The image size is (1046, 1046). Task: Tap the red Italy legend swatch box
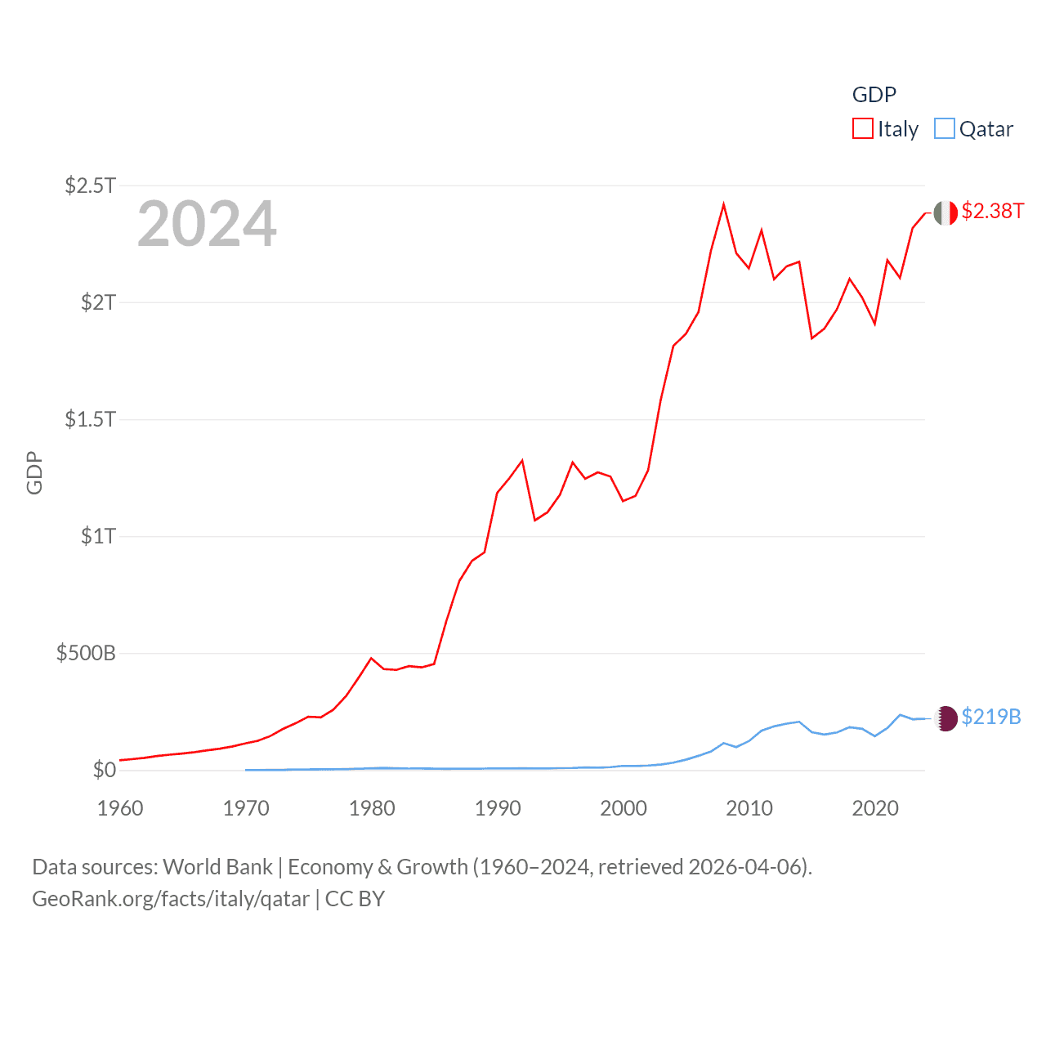[x=863, y=129]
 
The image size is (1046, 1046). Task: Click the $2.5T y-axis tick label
[x=90, y=186]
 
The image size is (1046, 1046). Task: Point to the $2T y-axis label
[x=98, y=302]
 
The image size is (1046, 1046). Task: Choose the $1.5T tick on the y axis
[x=90, y=419]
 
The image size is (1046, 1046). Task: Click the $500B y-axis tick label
[x=86, y=653]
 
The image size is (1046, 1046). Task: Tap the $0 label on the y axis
[x=105, y=770]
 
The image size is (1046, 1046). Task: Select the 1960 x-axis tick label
[x=120, y=808]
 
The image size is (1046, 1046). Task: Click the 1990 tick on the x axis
[x=498, y=808]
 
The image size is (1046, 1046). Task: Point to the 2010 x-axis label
[x=749, y=808]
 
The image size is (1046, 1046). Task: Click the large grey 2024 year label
[x=207, y=224]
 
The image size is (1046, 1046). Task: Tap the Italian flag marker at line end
[x=945, y=212]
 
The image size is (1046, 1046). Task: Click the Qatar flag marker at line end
[x=945, y=718]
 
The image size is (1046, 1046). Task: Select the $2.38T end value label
[x=992, y=211]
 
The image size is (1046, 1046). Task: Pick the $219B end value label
[x=991, y=717]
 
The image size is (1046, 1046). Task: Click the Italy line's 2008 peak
[x=724, y=204]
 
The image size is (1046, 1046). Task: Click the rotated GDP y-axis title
[x=34, y=472]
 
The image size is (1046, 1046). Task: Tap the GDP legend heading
[x=874, y=95]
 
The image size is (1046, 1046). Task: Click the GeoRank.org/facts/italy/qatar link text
[x=171, y=899]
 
